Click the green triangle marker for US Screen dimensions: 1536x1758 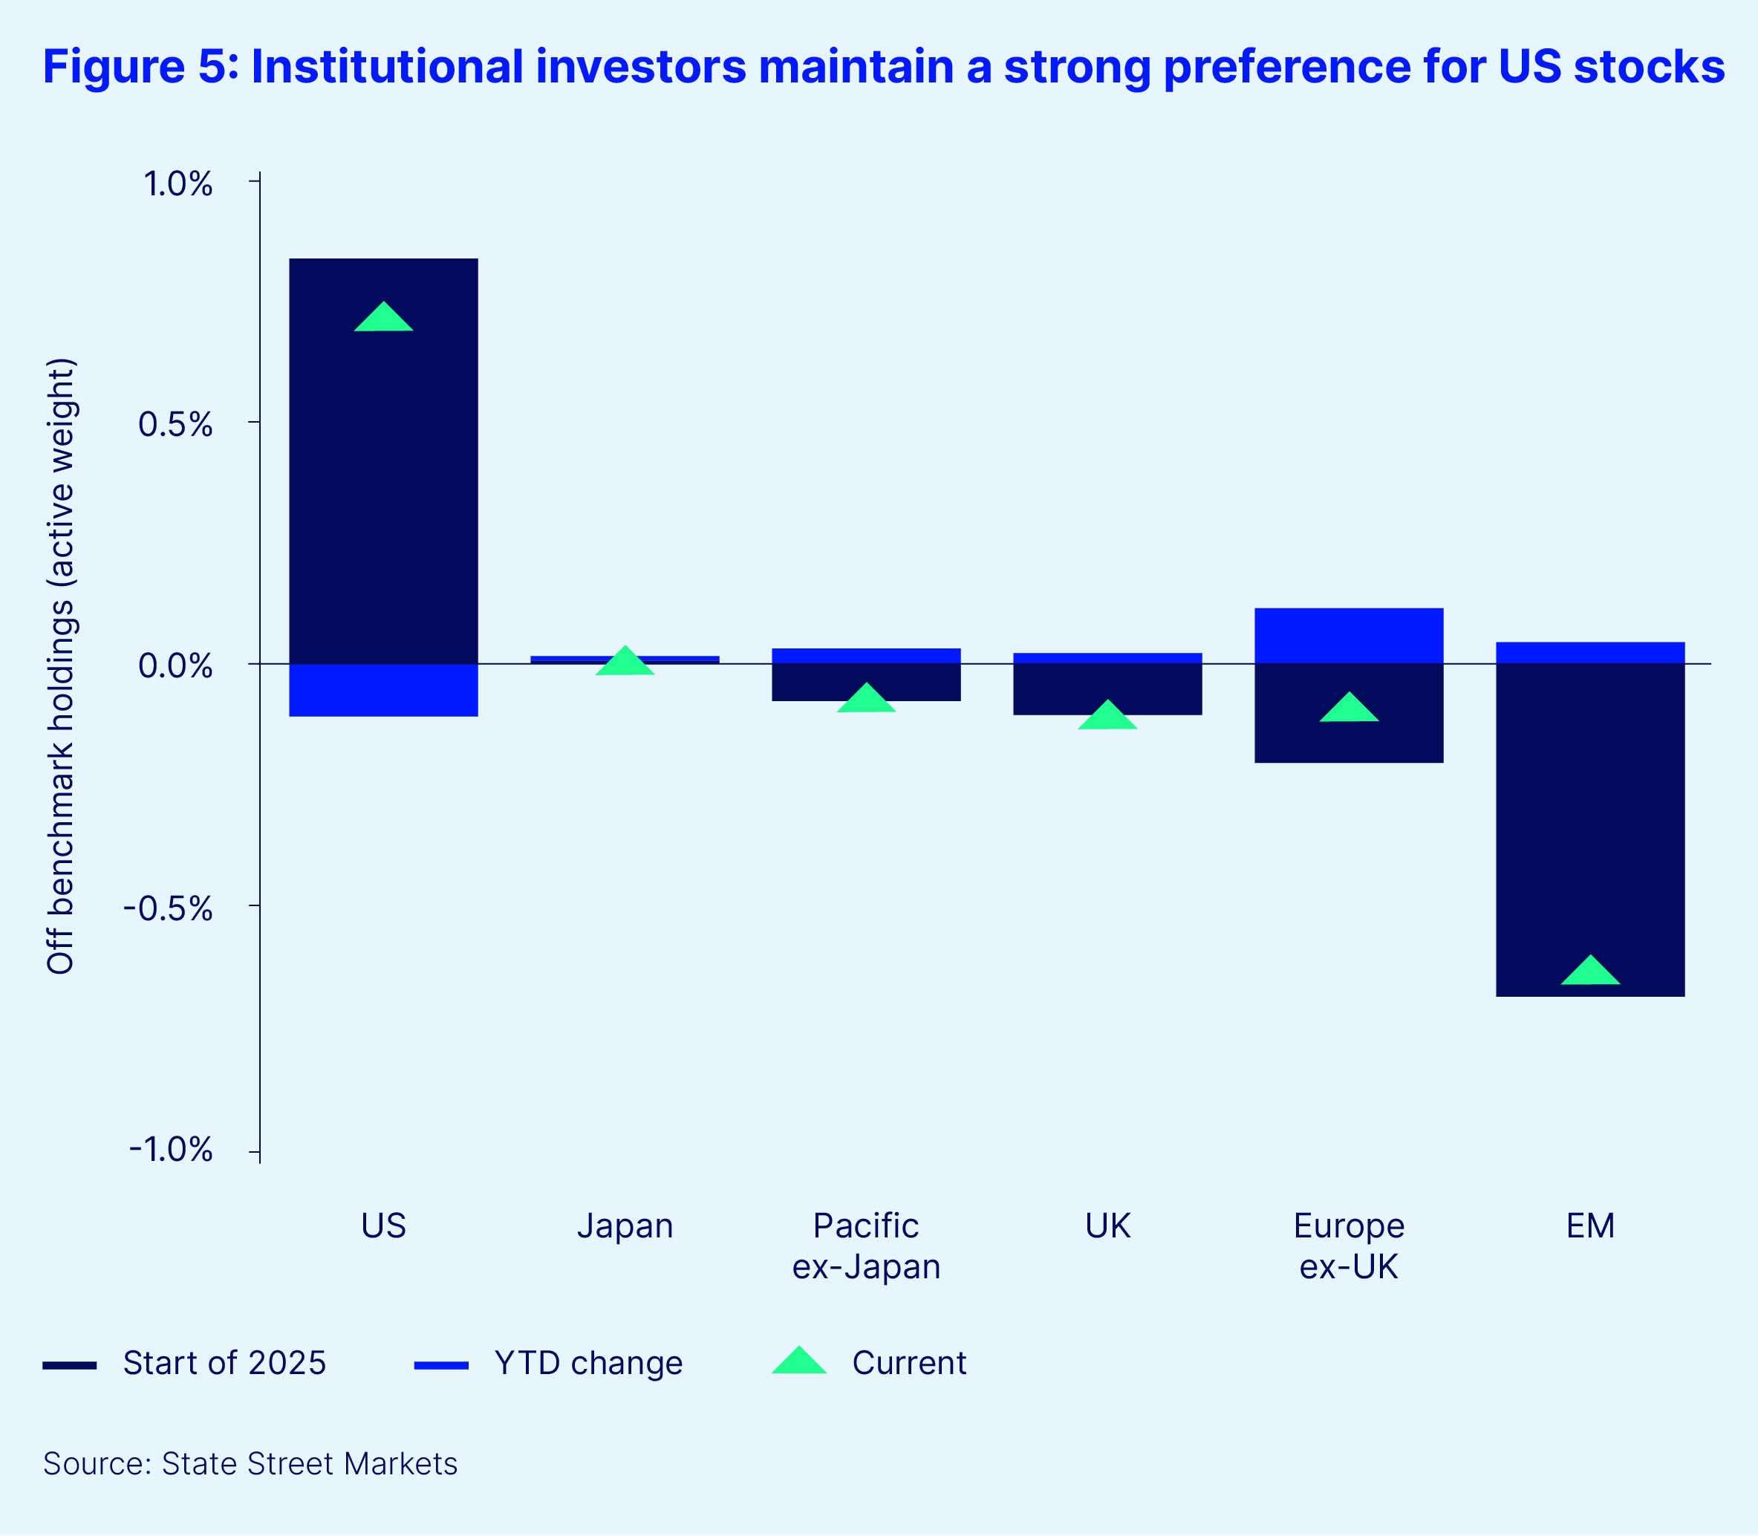point(383,318)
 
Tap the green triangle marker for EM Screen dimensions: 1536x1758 point(1590,972)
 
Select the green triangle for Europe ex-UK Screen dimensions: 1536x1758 point(1348,709)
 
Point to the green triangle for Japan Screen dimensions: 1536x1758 point(625,662)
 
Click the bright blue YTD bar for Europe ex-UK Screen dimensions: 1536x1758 point(1348,636)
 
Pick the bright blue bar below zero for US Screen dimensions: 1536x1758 point(383,690)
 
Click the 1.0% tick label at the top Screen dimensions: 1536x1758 point(178,184)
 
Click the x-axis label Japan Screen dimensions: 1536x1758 point(625,1226)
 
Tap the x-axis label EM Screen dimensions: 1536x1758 point(1590,1226)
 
